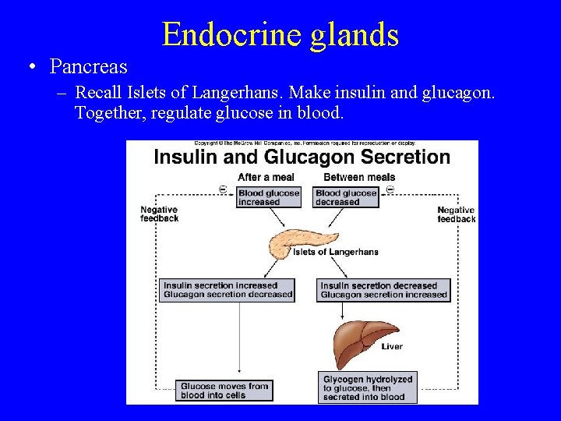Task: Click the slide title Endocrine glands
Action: click(x=280, y=34)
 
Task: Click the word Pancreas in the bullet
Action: click(x=88, y=67)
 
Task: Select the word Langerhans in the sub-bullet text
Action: click(x=242, y=93)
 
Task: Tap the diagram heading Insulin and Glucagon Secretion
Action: click(x=302, y=157)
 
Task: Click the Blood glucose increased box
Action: click(x=268, y=197)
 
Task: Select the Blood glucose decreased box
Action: click(x=347, y=197)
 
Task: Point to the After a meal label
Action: click(x=266, y=177)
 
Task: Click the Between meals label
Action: click(x=359, y=177)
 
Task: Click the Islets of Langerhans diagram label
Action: click(x=336, y=252)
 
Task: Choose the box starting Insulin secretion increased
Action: click(x=228, y=290)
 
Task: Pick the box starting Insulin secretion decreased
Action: click(x=384, y=290)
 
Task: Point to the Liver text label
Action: click(x=393, y=347)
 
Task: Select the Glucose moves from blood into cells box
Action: click(x=224, y=390)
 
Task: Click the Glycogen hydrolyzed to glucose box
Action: click(x=368, y=387)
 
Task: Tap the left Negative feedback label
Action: click(x=160, y=214)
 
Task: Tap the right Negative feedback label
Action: click(x=456, y=214)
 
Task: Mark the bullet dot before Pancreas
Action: click(x=29, y=67)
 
